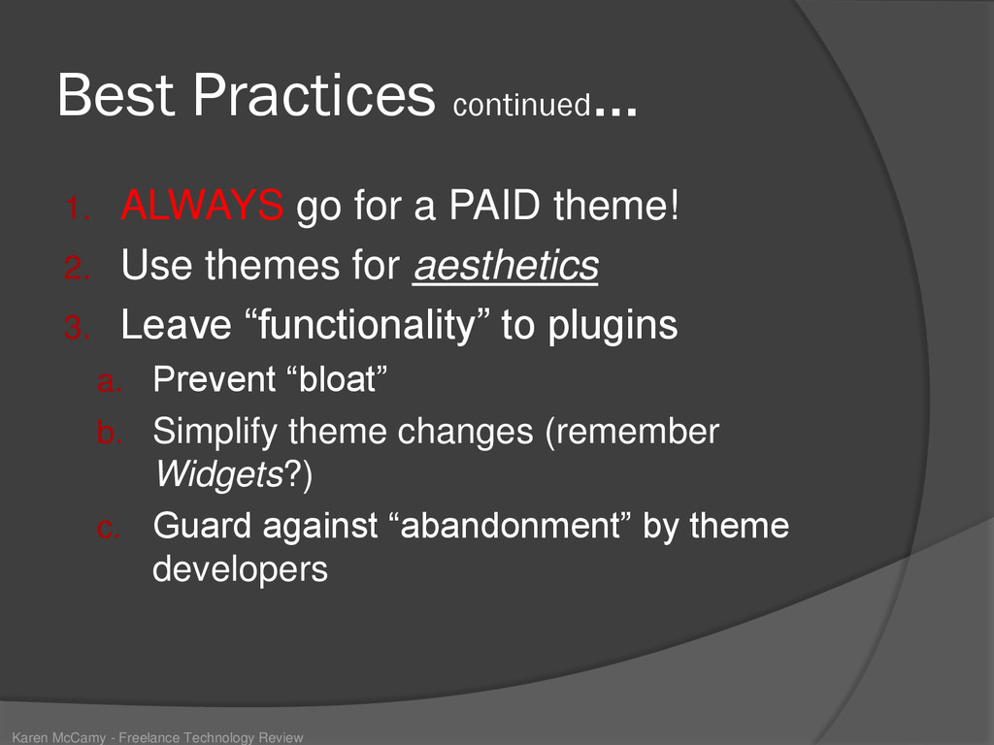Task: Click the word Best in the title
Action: [x=116, y=94]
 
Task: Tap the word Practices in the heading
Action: [x=315, y=94]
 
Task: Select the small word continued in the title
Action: [x=521, y=105]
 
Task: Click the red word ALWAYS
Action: [x=202, y=205]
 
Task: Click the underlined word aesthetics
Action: [x=506, y=265]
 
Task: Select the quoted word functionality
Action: [x=368, y=324]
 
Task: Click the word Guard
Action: [x=202, y=526]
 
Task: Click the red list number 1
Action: [x=78, y=209]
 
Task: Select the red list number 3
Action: [x=78, y=328]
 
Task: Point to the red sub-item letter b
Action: [x=109, y=434]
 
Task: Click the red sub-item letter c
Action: [x=108, y=529]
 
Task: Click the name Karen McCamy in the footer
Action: [x=59, y=737]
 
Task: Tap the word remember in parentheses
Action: [x=633, y=432]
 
